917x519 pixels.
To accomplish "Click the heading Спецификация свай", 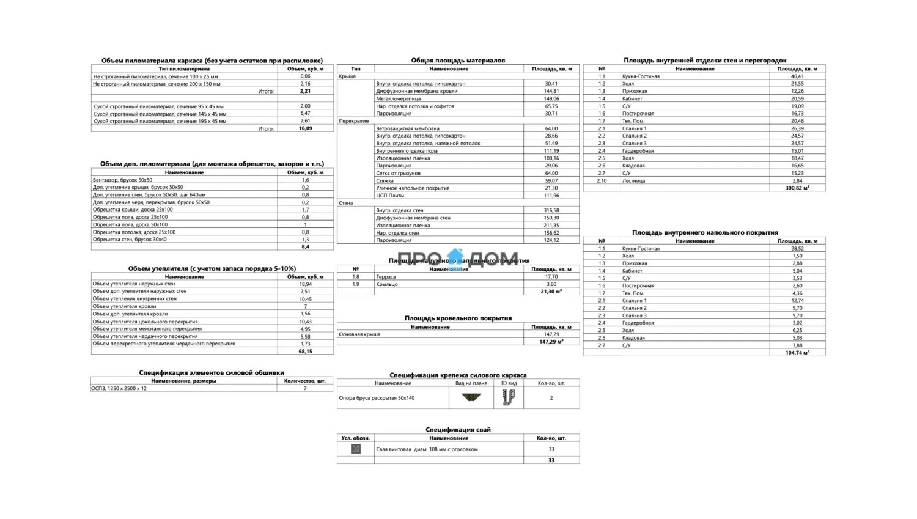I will pos(458,429).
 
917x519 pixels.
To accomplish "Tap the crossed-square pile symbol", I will pos(356,449).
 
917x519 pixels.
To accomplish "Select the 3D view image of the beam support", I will pos(508,398).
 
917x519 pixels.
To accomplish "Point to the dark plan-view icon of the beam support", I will pos(471,397).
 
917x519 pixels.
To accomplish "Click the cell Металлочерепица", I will pos(399,98).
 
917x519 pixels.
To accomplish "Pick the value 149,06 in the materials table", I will pos(551,98).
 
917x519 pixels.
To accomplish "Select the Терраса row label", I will pos(386,277).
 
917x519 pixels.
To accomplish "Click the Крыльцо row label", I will pos(387,284).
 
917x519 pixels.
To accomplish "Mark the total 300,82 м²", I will pos(797,188).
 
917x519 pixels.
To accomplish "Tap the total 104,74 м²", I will pos(797,353).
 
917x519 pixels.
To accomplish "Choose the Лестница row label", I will pos(633,180).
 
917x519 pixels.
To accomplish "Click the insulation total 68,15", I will pos(305,351).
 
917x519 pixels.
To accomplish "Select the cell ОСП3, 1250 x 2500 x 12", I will pos(119,388).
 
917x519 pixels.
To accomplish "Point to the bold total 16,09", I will pos(305,128).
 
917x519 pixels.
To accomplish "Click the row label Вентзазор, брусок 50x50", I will pos(123,180).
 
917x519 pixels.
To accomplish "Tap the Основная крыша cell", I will pos(360,334).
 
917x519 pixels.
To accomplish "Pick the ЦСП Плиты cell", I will pos(390,196).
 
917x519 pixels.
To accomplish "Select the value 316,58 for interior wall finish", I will pos(551,210).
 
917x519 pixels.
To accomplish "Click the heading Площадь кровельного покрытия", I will pos(458,318).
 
